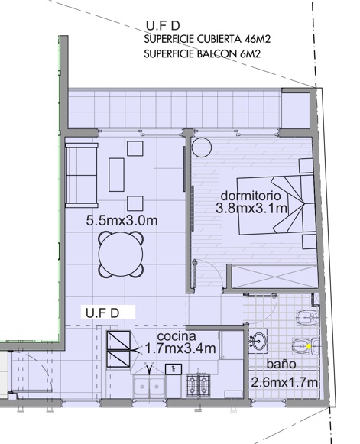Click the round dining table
click(120, 254)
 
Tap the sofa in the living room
click(82, 176)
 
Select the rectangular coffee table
click(116, 175)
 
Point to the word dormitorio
click(251, 196)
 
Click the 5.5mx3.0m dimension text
click(122, 221)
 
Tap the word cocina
click(177, 336)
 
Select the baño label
click(281, 364)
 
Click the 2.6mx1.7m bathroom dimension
click(284, 383)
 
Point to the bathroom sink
click(258, 340)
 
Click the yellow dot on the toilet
click(309, 346)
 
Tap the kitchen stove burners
click(198, 384)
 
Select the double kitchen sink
click(149, 387)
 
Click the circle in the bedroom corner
click(201, 147)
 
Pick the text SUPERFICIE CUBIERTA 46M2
click(207, 39)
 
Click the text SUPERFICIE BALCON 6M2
click(202, 53)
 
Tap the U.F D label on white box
click(102, 313)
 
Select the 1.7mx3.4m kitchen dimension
click(180, 348)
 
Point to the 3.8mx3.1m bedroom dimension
click(251, 209)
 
